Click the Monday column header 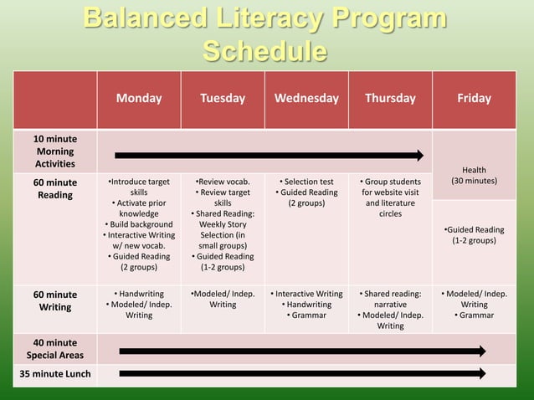139,99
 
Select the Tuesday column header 223,99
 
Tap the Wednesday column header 306,99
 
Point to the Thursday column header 390,99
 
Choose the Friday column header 474,99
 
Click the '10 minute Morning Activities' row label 53,151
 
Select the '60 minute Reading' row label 53,188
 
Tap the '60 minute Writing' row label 53,300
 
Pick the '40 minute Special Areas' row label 53,349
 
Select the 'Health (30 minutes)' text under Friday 474,176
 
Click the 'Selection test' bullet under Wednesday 306,182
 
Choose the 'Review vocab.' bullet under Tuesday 223,182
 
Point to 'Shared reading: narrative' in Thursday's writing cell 390,300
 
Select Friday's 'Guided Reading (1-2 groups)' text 474,235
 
